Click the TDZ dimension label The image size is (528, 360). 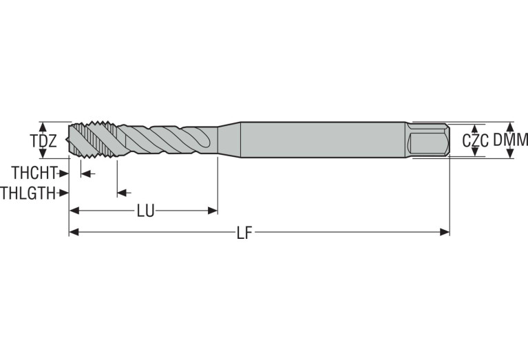pyautogui.click(x=40, y=141)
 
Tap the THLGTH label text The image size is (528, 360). pyautogui.click(x=28, y=192)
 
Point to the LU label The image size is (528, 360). pyautogui.click(x=145, y=211)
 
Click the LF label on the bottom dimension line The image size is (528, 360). pyautogui.click(x=244, y=233)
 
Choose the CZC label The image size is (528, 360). pyautogui.click(x=475, y=140)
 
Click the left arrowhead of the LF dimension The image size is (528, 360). pyautogui.click(x=74, y=233)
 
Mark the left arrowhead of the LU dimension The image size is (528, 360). pyautogui.click(x=74, y=211)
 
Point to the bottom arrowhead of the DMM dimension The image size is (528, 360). pyautogui.click(x=509, y=154)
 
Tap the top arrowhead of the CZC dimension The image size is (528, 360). pyautogui.click(x=475, y=129)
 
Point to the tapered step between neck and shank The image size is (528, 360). pyautogui.click(x=229, y=140)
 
